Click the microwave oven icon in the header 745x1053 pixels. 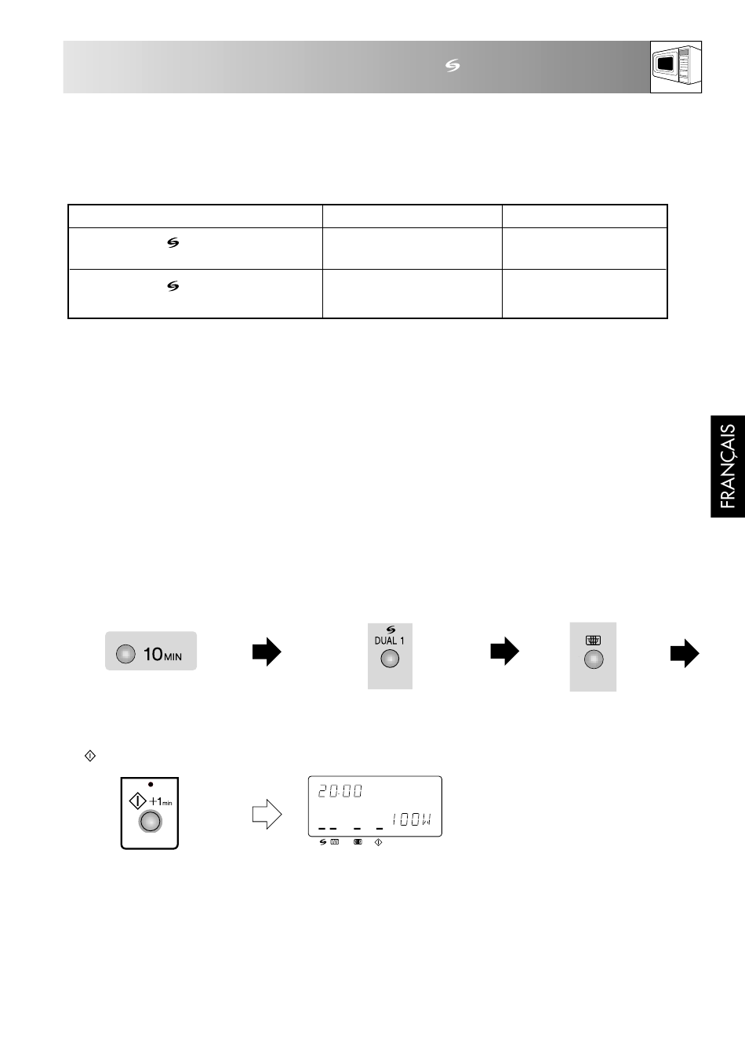point(676,67)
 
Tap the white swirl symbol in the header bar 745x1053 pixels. point(452,66)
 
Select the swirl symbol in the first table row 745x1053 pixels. point(173,242)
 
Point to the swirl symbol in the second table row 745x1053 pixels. point(173,286)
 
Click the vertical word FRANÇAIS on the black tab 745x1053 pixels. point(728,466)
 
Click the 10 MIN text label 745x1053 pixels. point(162,654)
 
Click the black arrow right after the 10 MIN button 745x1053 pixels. point(267,652)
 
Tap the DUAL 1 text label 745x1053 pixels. point(389,641)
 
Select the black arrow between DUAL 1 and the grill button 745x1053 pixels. point(505,651)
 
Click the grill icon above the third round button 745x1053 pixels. point(593,640)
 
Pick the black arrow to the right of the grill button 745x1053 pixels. point(685,653)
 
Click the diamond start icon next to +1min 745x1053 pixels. point(138,801)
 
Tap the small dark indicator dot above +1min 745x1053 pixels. point(151,784)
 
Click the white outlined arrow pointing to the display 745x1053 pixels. point(267,814)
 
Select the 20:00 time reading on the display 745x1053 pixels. point(340,791)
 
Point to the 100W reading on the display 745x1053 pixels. point(411,820)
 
